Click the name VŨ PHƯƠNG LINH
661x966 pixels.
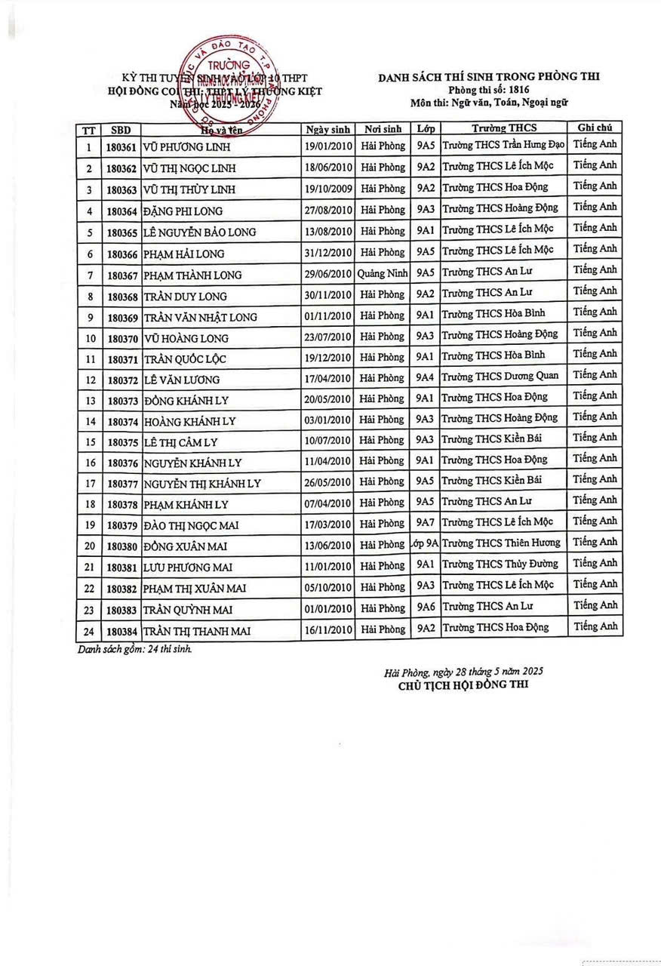pos(187,147)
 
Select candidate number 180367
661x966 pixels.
pos(121,275)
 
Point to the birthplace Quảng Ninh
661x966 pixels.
pos(382,273)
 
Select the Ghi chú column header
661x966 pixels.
pos(594,128)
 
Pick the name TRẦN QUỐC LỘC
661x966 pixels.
pos(185,359)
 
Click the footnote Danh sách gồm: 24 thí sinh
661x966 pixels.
pos(134,649)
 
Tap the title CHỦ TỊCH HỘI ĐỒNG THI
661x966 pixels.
pos(463,685)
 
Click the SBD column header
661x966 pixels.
pos(121,130)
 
